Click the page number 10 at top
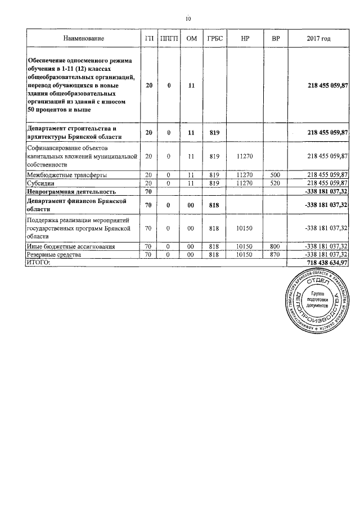pos(188,19)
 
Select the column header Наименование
pos(83,38)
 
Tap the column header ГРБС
pos(214,38)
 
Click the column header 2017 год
pos(318,38)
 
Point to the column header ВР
pos(275,38)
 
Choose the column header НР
pos(245,38)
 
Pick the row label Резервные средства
pos(54,255)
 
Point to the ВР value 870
pos(275,255)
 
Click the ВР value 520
pos(275,183)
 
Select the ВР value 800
pos(275,246)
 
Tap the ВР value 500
pos(275,175)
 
